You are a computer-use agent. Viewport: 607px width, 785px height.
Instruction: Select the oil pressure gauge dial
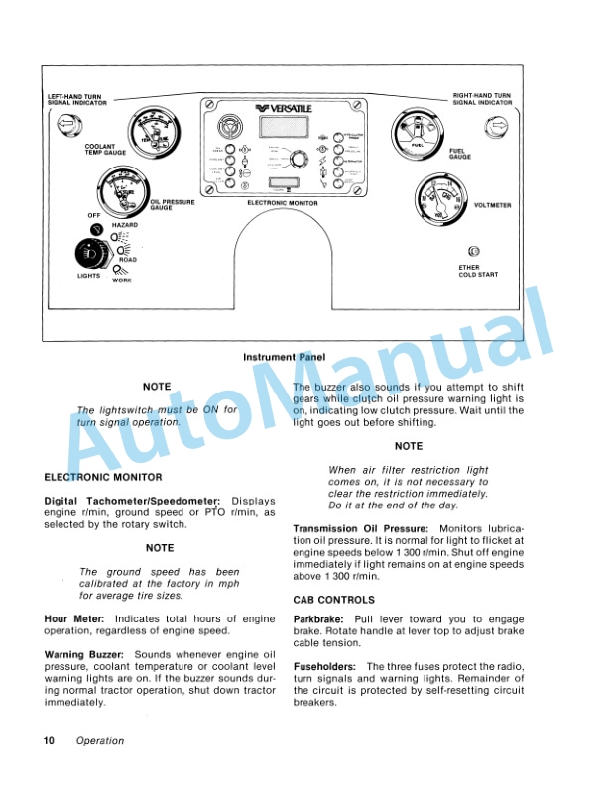[122, 192]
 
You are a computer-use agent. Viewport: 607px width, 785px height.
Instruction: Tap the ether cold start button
[473, 252]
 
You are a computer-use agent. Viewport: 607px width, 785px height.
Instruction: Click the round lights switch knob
[87, 254]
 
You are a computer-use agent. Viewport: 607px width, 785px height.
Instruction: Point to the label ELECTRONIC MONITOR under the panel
[281, 202]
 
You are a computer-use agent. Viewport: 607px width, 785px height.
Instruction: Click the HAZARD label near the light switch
[124, 226]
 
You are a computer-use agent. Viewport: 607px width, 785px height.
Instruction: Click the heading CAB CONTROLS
[333, 600]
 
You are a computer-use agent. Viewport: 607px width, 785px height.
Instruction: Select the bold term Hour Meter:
[69, 617]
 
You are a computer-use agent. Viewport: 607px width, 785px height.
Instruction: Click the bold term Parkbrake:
[318, 617]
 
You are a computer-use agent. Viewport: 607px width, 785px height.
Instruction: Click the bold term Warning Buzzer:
[83, 654]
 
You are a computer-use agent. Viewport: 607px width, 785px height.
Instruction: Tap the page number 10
[49, 740]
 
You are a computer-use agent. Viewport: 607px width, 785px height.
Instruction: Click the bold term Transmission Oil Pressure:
[360, 530]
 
